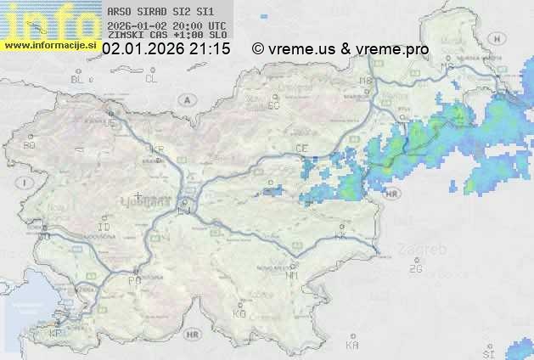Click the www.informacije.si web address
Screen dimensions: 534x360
click(x=51, y=46)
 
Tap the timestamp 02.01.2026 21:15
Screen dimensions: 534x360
click(x=166, y=49)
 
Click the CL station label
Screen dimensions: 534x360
click(x=151, y=79)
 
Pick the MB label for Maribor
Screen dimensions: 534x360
click(x=367, y=82)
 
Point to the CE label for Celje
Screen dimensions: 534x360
click(x=301, y=148)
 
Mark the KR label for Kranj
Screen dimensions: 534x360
click(x=156, y=149)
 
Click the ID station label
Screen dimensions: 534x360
click(x=104, y=228)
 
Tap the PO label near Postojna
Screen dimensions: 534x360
click(x=133, y=279)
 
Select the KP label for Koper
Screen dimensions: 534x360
click(x=56, y=334)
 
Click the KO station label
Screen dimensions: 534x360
click(x=239, y=313)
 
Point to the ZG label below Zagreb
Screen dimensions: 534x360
click(x=415, y=269)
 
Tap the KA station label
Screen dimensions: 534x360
click(x=352, y=345)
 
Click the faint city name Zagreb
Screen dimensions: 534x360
click(x=427, y=250)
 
